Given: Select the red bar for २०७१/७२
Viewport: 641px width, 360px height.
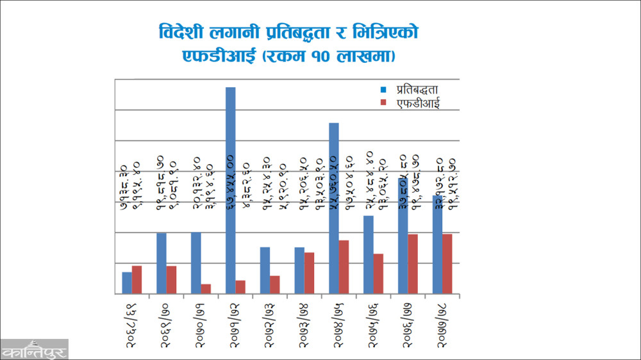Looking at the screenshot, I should (x=240, y=287).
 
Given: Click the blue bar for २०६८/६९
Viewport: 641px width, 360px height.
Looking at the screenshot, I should (x=127, y=283).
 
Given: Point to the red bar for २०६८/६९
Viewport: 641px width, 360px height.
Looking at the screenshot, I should (x=137, y=280).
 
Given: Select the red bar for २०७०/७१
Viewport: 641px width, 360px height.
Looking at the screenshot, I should (x=206, y=289).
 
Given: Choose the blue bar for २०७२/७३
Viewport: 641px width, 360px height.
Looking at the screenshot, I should (x=265, y=270).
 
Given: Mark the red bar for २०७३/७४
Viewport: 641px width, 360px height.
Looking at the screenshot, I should (x=310, y=273).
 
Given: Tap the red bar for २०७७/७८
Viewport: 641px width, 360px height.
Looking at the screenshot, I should (x=447, y=264).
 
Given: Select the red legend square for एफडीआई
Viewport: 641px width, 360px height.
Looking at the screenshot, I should (x=383, y=102).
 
